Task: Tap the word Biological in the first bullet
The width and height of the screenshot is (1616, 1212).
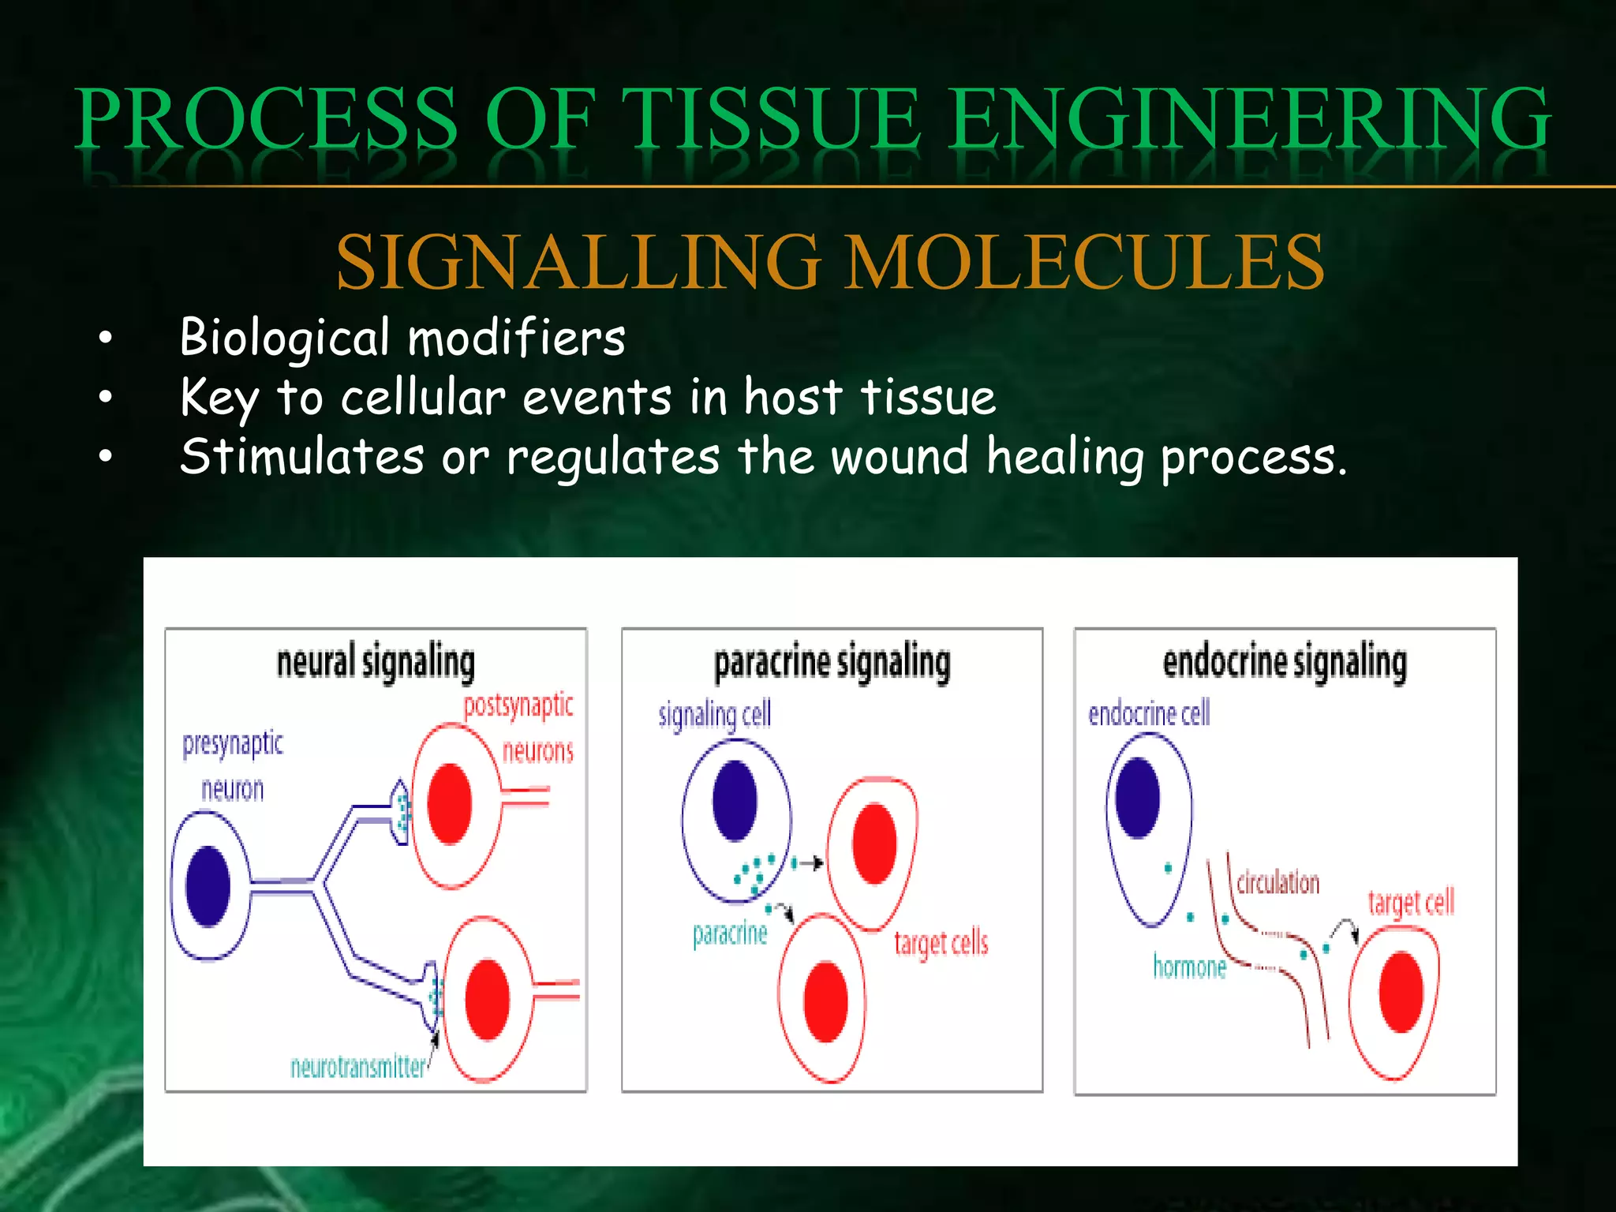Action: (284, 338)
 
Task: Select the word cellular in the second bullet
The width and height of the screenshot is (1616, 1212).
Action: (423, 397)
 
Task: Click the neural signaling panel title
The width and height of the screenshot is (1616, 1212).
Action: (376, 662)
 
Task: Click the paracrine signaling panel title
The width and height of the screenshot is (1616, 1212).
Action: (832, 662)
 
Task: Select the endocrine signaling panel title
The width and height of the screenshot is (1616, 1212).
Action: (1285, 662)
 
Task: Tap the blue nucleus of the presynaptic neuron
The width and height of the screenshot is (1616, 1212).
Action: (208, 886)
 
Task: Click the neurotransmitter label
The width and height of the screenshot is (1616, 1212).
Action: (357, 1067)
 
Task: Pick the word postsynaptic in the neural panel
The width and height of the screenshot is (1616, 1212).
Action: (518, 705)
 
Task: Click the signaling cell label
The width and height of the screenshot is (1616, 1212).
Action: (715, 714)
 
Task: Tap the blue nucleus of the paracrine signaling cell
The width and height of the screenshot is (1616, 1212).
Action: (734, 800)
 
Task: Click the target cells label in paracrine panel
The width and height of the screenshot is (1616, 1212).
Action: (941, 942)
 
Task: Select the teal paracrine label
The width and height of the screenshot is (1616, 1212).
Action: (730, 933)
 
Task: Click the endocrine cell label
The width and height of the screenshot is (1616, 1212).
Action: (1149, 713)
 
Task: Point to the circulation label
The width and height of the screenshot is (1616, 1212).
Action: (1277, 882)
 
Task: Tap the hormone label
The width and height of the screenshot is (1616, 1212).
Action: (1189, 966)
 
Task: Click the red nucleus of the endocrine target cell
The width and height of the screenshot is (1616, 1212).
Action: (1401, 992)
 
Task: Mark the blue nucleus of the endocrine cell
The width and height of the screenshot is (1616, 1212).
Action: (1137, 798)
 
